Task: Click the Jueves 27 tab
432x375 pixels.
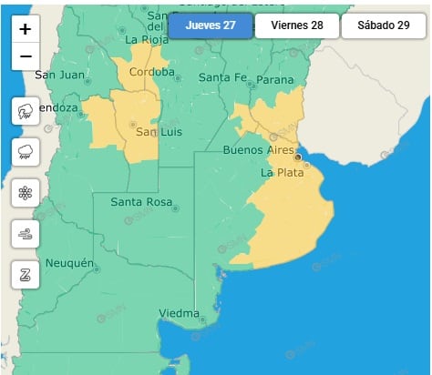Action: click(x=210, y=25)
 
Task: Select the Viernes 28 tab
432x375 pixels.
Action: click(x=297, y=25)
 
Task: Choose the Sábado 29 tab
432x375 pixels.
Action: click(x=383, y=25)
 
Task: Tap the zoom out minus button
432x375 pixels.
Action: click(x=26, y=56)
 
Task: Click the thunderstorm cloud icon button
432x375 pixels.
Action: click(x=26, y=112)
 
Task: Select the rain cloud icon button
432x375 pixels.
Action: click(x=26, y=152)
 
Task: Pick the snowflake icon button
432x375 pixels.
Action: click(x=26, y=193)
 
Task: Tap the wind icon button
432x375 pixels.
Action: click(x=26, y=234)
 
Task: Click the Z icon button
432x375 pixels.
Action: click(x=26, y=274)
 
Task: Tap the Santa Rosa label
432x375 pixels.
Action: click(x=141, y=201)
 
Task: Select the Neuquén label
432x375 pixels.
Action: click(x=70, y=263)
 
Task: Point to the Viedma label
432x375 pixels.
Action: click(x=179, y=314)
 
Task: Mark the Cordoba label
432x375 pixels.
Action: click(x=152, y=72)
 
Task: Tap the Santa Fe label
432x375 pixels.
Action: click(x=222, y=77)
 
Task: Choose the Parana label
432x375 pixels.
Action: click(x=275, y=79)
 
